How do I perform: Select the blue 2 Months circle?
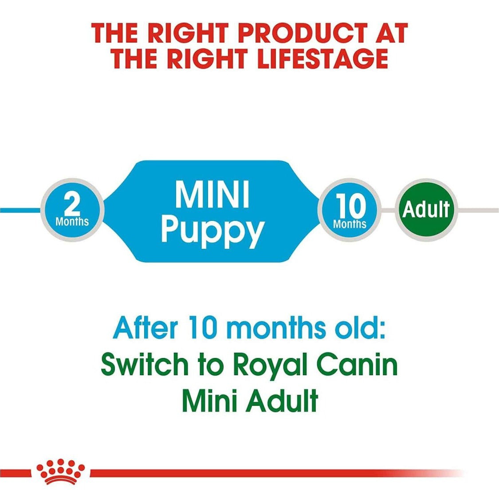72,210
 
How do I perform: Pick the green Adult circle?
426,210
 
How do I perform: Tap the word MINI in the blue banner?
212,194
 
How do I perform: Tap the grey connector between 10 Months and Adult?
388,210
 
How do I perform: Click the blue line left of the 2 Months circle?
21,210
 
